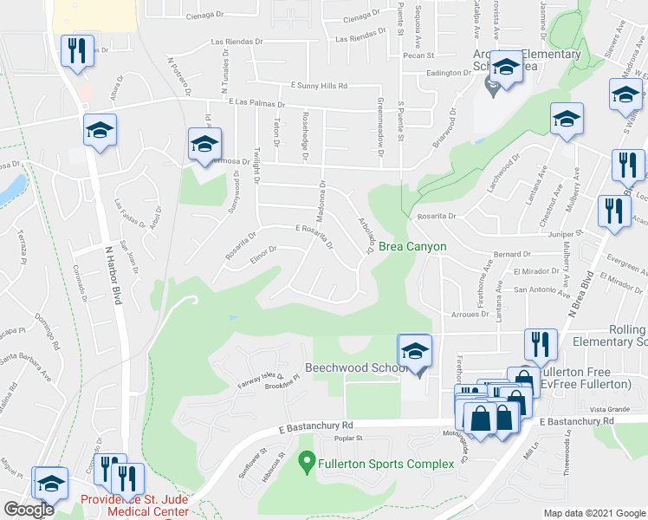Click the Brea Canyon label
pos(412,247)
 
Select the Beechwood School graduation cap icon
pos(415,351)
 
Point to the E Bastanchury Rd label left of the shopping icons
pos(318,426)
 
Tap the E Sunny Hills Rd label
pos(319,86)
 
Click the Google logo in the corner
pos(29,509)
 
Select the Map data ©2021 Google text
pos(593,513)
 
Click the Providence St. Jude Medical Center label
pos(134,505)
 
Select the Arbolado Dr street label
pos(366,234)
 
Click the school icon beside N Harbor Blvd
pos(100,131)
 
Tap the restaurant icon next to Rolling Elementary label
pos(541,344)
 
